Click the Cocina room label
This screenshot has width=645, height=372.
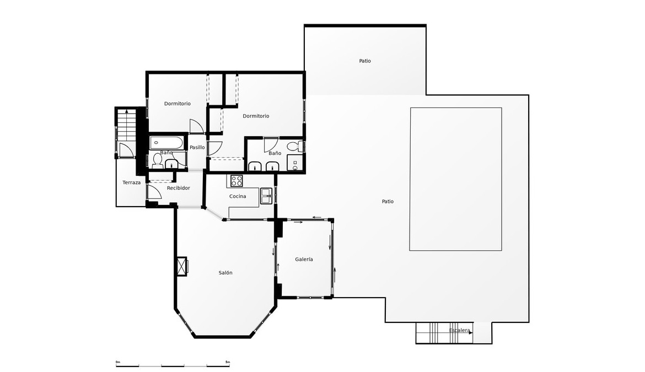238,197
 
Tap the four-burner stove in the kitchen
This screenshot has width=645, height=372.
237,181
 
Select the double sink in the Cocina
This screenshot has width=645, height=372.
266,196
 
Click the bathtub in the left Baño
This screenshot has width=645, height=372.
166,143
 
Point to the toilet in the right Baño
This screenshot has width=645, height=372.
294,147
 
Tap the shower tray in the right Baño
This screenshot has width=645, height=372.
295,163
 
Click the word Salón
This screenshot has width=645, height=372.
225,273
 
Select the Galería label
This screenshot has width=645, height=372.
304,260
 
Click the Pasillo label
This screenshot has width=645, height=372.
197,148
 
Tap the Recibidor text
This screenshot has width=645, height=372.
179,188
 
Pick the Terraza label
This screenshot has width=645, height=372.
132,182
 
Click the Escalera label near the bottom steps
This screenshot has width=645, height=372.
459,331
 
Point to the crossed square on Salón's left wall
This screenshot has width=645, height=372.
181,266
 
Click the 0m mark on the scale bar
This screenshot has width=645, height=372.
118,362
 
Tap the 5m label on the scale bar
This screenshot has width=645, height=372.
228,362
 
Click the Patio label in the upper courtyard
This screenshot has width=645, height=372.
365,61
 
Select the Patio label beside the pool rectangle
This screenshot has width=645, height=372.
388,201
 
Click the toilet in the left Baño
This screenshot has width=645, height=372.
158,161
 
